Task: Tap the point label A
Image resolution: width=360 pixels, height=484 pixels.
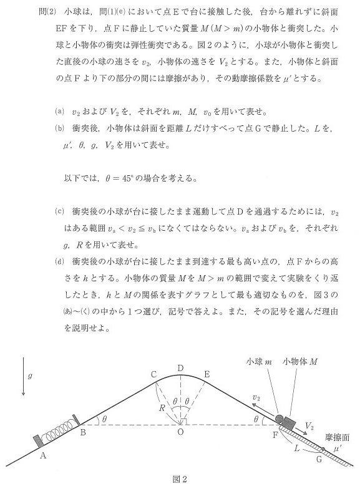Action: point(43,455)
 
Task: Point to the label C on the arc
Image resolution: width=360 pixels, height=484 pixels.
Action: point(153,374)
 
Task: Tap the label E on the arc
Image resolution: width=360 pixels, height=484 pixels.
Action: point(207,374)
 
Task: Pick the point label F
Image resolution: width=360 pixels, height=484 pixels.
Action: point(274,433)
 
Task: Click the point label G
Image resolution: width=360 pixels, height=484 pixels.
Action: point(319,460)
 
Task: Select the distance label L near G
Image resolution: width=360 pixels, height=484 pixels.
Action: point(294,447)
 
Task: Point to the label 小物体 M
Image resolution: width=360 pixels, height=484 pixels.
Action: point(300,362)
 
